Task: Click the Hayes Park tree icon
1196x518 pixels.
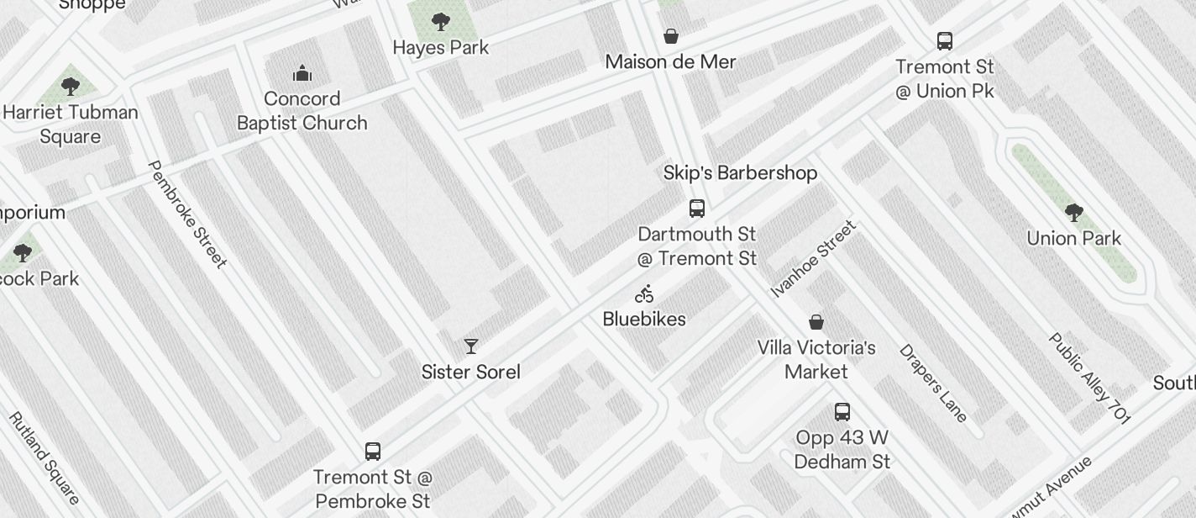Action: click(440, 22)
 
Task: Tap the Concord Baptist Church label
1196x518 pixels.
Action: click(302, 111)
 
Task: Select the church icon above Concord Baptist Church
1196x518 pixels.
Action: click(302, 74)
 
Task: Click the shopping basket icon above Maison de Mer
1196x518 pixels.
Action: click(671, 36)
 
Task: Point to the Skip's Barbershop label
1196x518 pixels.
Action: click(740, 173)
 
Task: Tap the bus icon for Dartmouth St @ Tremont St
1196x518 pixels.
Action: click(697, 209)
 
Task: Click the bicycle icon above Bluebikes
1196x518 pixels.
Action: click(645, 294)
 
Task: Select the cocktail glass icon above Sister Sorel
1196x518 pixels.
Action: click(471, 346)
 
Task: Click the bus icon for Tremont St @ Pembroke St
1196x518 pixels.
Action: click(373, 452)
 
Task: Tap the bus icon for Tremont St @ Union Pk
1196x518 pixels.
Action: click(945, 41)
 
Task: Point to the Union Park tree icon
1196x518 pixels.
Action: click(1073, 213)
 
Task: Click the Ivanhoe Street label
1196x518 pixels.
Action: click(814, 259)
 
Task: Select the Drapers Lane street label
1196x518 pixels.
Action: click(934, 383)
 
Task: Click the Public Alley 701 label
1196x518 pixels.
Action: click(1089, 378)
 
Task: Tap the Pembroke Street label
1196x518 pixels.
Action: click(187, 214)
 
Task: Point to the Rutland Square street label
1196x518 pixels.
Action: click(44, 458)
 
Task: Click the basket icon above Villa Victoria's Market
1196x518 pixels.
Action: click(816, 322)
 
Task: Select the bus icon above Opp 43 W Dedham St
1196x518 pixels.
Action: click(842, 412)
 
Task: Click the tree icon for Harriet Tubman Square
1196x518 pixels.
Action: click(71, 86)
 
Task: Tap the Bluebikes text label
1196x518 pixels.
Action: click(644, 320)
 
